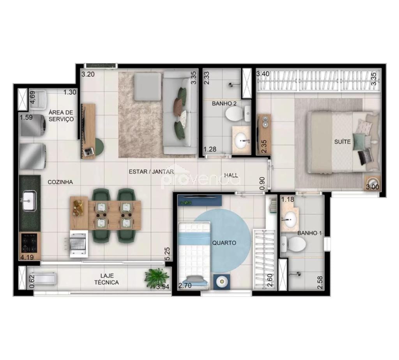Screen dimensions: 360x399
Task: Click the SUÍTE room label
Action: click(342, 142)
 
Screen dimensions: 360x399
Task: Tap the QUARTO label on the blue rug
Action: click(224, 243)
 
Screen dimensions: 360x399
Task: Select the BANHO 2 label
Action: click(222, 104)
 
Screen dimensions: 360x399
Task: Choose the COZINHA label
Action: click(60, 182)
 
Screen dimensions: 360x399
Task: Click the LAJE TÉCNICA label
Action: click(106, 279)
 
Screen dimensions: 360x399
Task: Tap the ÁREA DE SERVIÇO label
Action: click(61, 116)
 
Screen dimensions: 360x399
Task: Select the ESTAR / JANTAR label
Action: click(151, 171)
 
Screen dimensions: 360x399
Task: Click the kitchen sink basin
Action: click(29, 201)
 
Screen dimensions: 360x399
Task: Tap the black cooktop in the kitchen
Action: click(29, 243)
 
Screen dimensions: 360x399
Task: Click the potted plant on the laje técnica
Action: click(157, 277)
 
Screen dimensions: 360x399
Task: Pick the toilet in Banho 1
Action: click(295, 245)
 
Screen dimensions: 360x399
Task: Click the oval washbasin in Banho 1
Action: click(290, 219)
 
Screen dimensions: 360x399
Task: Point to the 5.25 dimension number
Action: click(167, 254)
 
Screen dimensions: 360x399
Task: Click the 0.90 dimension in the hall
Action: click(262, 184)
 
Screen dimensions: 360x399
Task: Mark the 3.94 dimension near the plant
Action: click(162, 288)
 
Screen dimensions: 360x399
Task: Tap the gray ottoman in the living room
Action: click(147, 86)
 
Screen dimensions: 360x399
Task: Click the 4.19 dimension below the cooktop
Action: click(27, 257)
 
